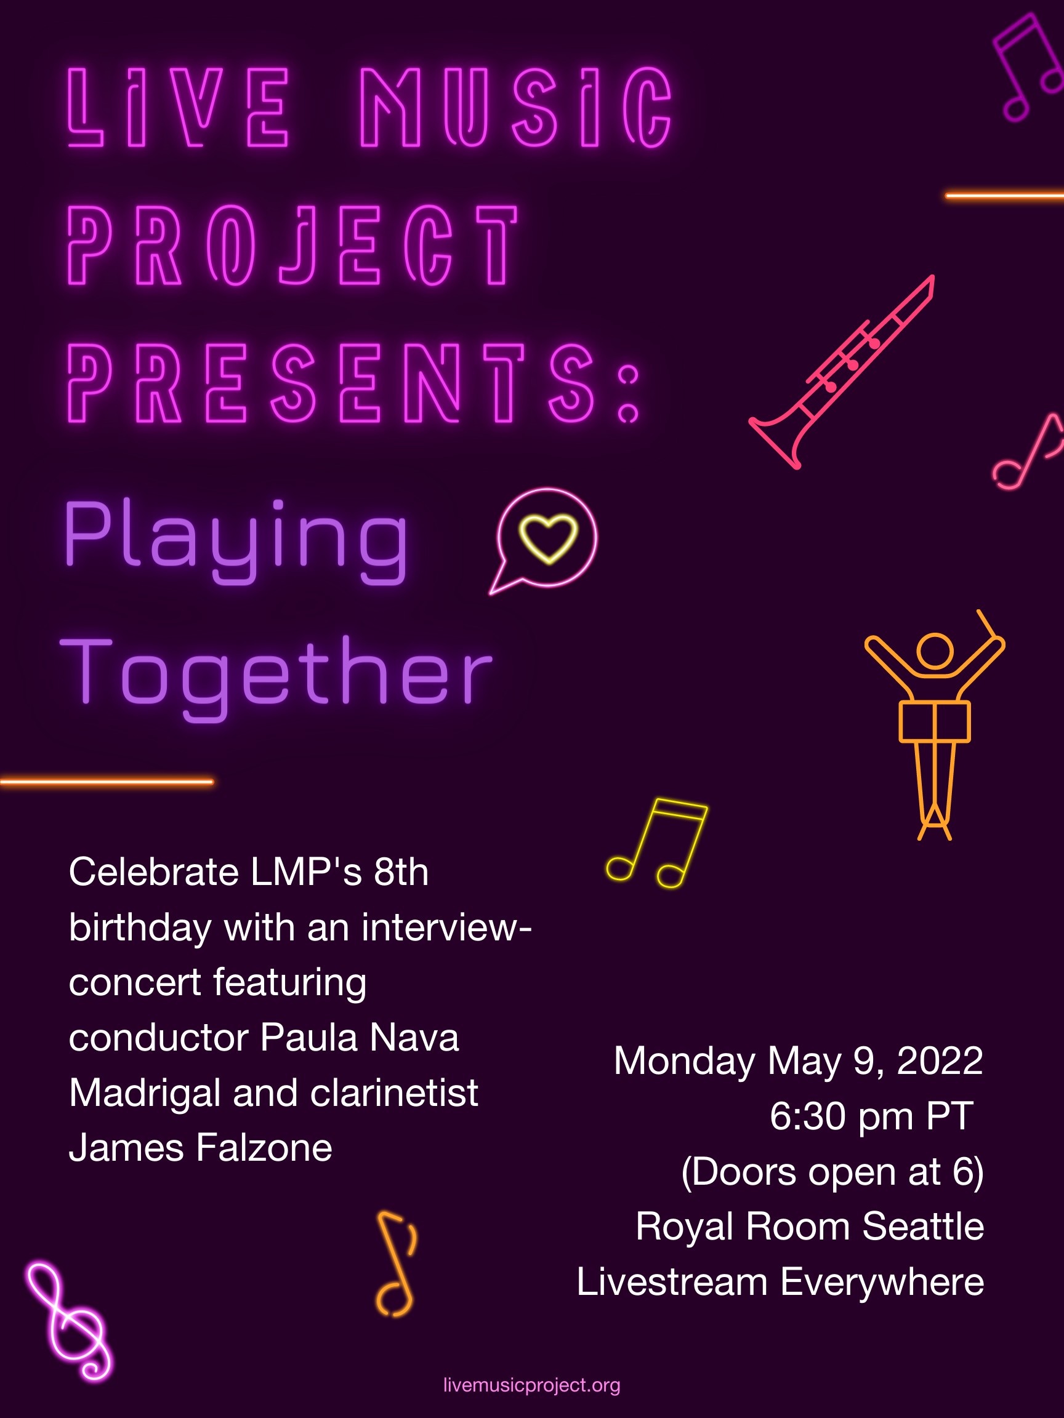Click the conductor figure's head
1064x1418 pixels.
(x=935, y=651)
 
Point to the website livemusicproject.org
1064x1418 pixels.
(x=531, y=1385)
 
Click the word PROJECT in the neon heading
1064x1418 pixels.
(x=292, y=245)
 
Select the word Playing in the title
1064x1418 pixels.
(x=236, y=540)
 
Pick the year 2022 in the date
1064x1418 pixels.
(x=940, y=1060)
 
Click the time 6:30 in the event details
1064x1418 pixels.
(x=808, y=1116)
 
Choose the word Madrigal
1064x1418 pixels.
(x=145, y=1094)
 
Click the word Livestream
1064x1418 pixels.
(x=672, y=1281)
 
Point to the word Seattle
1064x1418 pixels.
(x=923, y=1227)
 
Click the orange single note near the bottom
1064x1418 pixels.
(x=397, y=1264)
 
